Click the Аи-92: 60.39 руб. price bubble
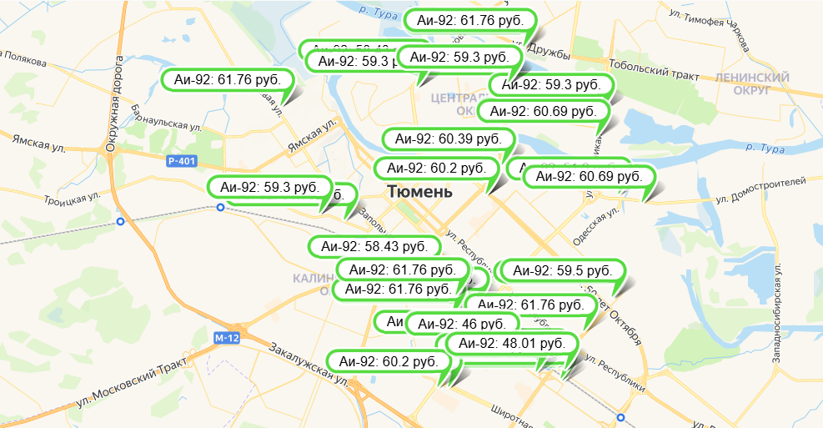click(448, 139)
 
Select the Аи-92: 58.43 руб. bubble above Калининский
click(374, 246)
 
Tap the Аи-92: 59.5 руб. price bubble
click(562, 270)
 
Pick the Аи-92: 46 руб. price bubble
click(459, 324)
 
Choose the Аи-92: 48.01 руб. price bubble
click(512, 343)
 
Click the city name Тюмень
click(420, 192)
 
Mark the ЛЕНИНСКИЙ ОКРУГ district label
click(751, 83)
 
